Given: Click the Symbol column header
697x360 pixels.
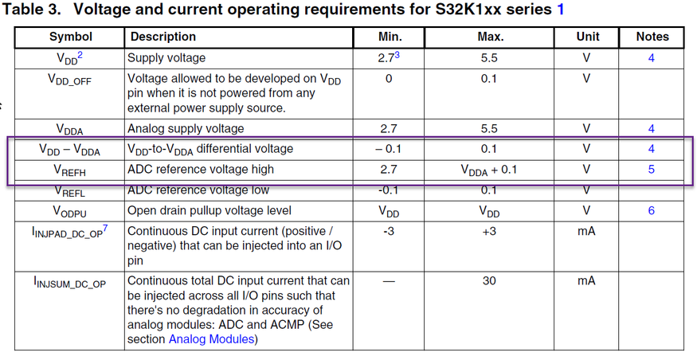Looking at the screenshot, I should pyautogui.click(x=70, y=37).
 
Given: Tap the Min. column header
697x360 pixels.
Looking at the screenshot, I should pyautogui.click(x=390, y=37).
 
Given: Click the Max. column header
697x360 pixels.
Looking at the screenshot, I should pyautogui.click(x=490, y=37).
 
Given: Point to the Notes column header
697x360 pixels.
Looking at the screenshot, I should pyautogui.click(x=652, y=37).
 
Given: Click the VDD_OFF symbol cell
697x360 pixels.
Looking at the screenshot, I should pyautogui.click(x=70, y=80).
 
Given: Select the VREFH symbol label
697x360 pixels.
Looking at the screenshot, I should pyautogui.click(x=70, y=170).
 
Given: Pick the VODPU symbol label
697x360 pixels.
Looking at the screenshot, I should pyautogui.click(x=70, y=211).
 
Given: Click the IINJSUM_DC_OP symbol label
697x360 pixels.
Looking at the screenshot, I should pyautogui.click(x=70, y=282).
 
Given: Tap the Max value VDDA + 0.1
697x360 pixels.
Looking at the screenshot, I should pyautogui.click(x=490, y=170).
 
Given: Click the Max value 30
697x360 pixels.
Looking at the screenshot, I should pyautogui.click(x=490, y=280).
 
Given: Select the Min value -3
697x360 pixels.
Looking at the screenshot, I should pyautogui.click(x=390, y=232).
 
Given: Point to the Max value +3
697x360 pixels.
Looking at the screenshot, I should pyautogui.click(x=490, y=232).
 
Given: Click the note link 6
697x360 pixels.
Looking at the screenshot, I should pyautogui.click(x=652, y=211).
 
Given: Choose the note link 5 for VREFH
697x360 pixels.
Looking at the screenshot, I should pyautogui.click(x=652, y=170).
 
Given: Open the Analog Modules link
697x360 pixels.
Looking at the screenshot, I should pyautogui.click(x=212, y=339).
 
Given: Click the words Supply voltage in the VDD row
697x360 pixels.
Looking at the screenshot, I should pyautogui.click(x=166, y=58).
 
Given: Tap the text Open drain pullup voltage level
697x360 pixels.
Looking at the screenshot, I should pyautogui.click(x=209, y=211).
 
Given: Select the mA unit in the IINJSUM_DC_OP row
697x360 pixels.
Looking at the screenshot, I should pyautogui.click(x=586, y=280).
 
